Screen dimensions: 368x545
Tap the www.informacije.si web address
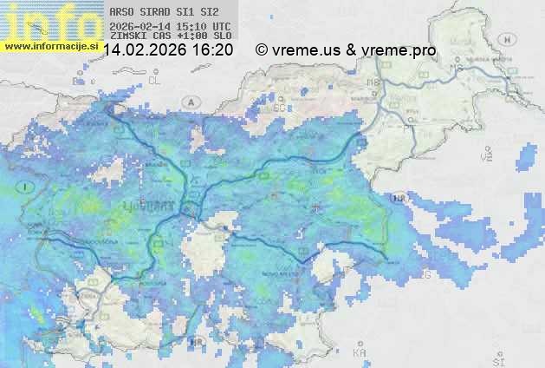click(50, 45)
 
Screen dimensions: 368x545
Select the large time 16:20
click(212, 50)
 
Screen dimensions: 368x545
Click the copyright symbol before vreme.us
click(262, 50)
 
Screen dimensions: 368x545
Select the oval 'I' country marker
click(27, 187)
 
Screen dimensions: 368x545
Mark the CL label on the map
click(155, 80)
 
